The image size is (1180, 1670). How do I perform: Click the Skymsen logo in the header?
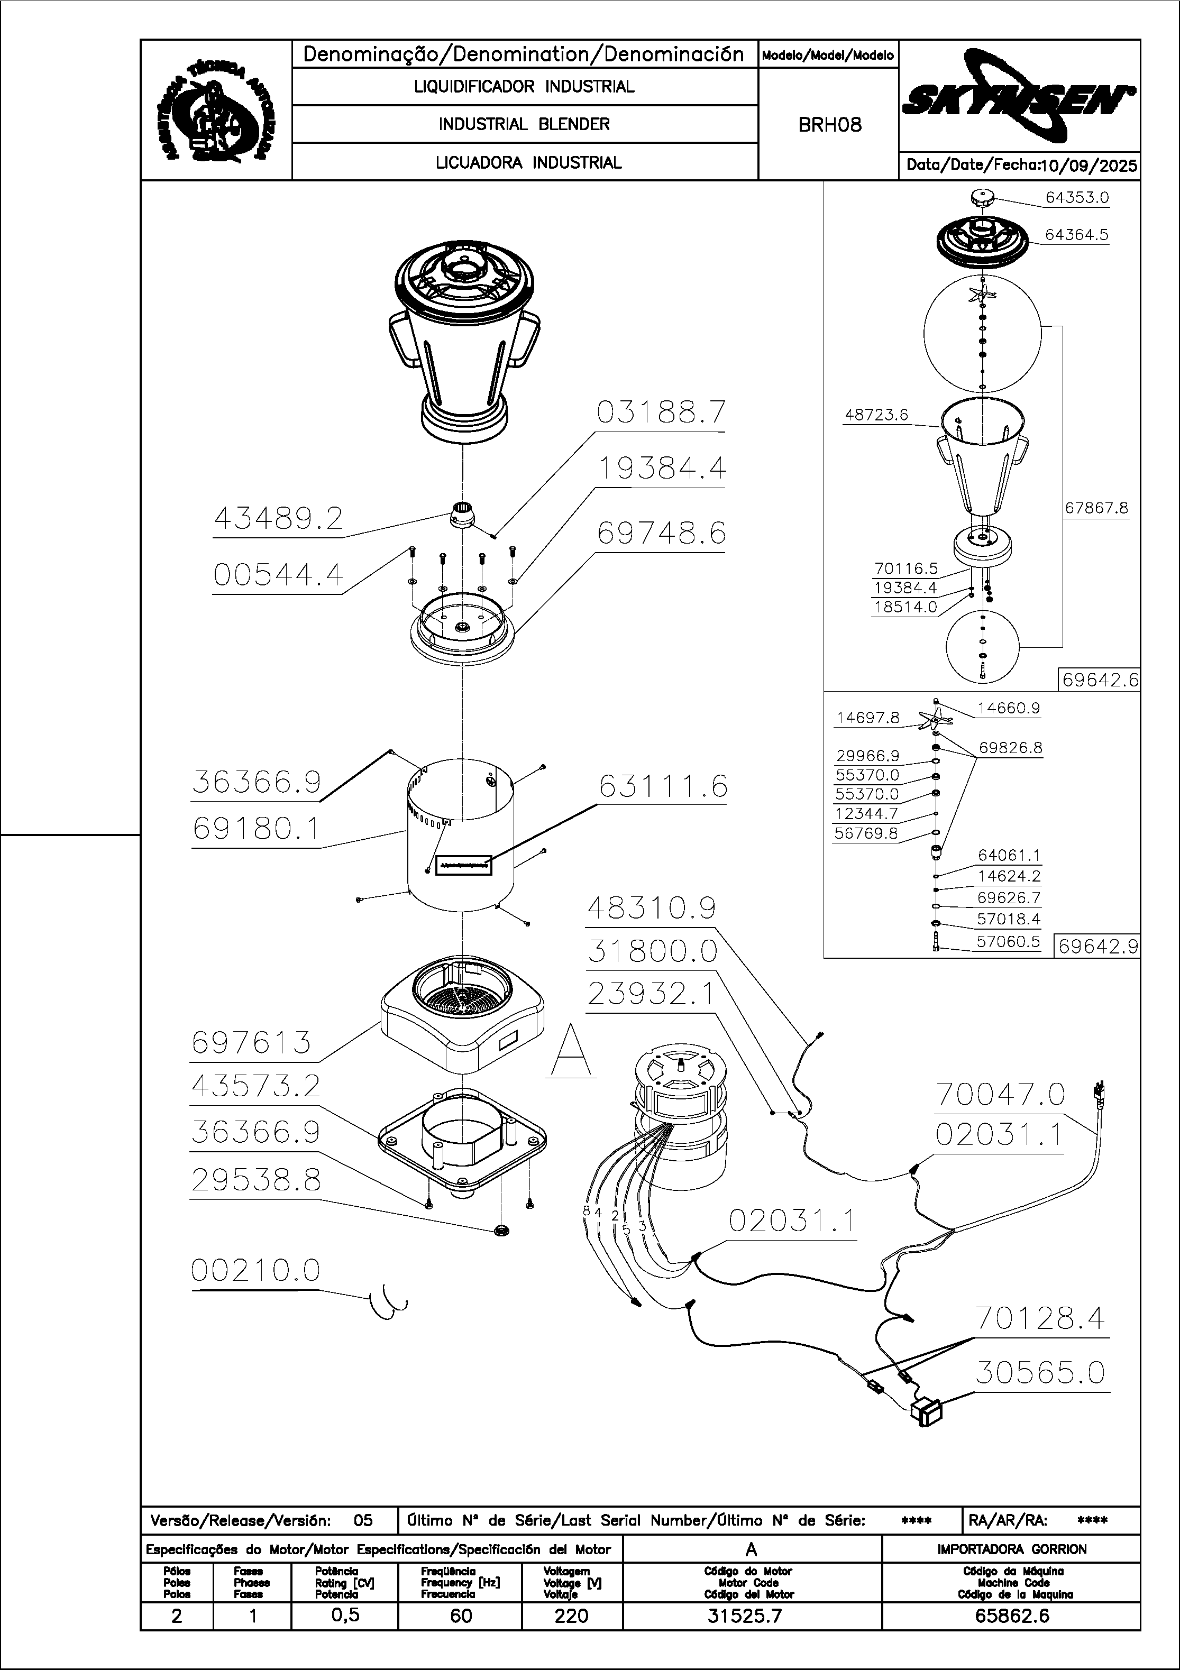coord(1019,98)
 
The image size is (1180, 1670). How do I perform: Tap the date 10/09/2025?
coord(1088,166)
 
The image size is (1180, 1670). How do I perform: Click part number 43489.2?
coord(278,519)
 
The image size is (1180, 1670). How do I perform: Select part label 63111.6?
coord(663,787)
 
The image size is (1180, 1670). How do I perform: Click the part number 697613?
coord(252,1043)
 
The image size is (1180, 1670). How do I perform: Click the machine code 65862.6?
coord(1011,1617)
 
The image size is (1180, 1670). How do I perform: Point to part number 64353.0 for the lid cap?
coord(1077,197)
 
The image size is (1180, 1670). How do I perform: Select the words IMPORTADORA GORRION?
coord(1011,1549)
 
